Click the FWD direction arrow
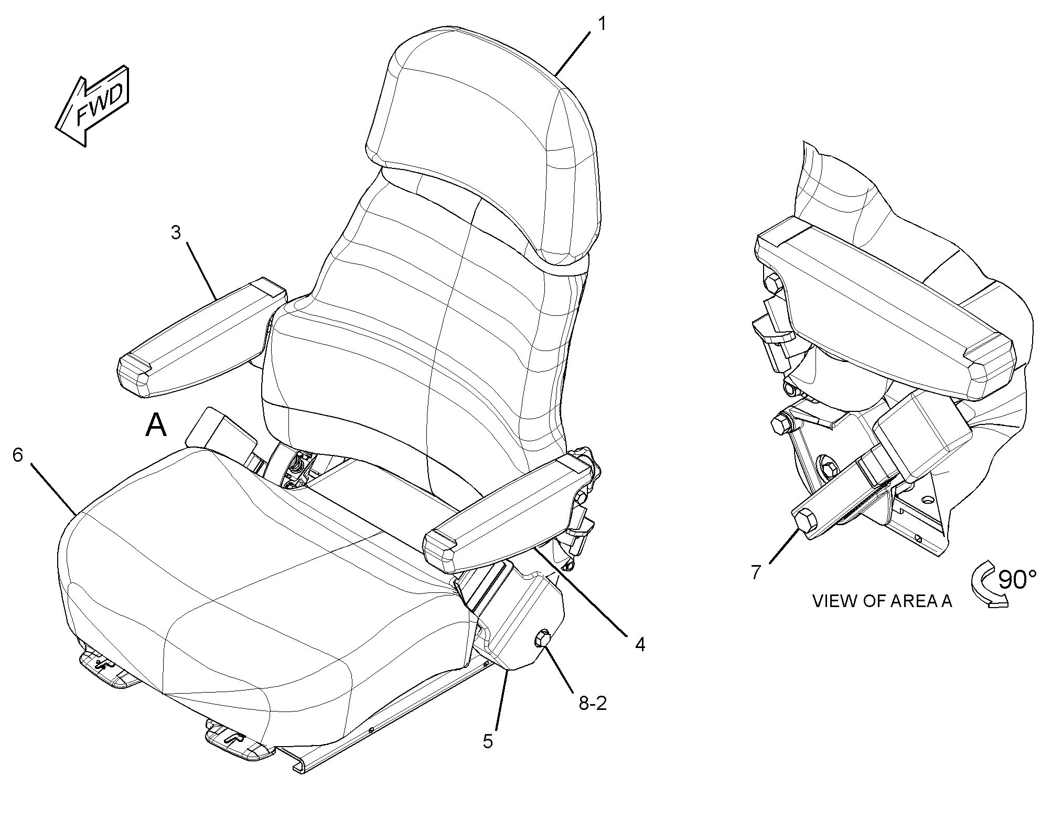pos(93,106)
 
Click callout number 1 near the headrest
pos(602,24)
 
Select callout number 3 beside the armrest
pos(176,232)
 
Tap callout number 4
pos(640,644)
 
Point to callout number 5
pos(488,741)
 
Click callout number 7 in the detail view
pos(755,572)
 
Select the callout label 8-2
pos(593,703)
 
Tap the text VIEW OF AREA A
pos(882,601)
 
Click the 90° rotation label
pos(1017,579)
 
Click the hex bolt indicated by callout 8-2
pos(542,640)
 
